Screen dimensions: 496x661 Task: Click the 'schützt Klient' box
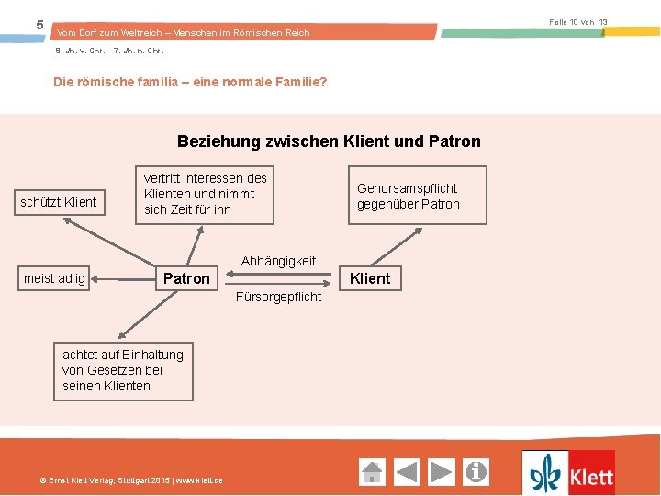59,201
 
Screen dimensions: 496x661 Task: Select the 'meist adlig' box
54,278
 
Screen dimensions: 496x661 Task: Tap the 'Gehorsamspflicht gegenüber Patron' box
408,197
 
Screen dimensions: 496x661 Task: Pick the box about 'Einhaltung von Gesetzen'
123,370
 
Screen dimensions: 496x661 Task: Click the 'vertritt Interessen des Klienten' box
205,194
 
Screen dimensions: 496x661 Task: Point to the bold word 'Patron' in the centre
186,278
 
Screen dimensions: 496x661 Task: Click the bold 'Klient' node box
370,278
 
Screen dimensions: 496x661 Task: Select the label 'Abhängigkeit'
278,261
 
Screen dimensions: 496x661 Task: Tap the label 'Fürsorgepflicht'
278,297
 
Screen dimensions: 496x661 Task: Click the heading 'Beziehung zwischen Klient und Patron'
329,141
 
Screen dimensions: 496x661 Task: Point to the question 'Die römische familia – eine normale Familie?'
190,82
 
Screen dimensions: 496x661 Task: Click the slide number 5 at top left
39,25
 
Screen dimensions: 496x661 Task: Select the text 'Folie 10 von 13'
578,21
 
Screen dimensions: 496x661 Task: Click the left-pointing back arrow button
407,472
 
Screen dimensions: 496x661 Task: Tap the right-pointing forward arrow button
442,472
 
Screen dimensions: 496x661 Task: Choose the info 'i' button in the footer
476,472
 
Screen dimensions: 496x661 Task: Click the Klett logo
568,473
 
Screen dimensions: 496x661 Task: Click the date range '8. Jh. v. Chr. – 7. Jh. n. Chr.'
109,51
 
